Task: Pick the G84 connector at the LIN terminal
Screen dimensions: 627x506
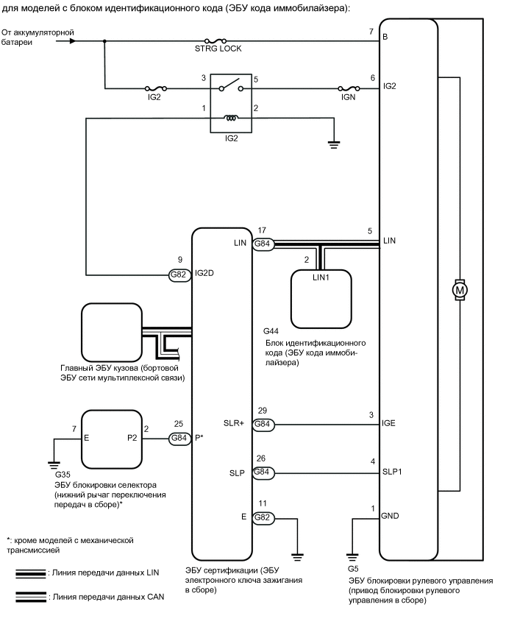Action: coord(263,243)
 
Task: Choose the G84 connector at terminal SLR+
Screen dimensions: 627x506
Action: coord(263,425)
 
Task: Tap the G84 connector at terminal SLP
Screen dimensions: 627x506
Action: coord(263,472)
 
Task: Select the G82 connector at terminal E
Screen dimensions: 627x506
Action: coord(263,519)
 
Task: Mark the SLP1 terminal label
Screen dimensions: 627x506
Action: coord(393,472)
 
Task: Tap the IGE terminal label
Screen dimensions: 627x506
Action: coord(390,425)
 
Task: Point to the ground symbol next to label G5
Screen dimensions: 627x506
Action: coord(353,556)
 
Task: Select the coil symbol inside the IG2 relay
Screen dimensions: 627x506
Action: coord(231,118)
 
